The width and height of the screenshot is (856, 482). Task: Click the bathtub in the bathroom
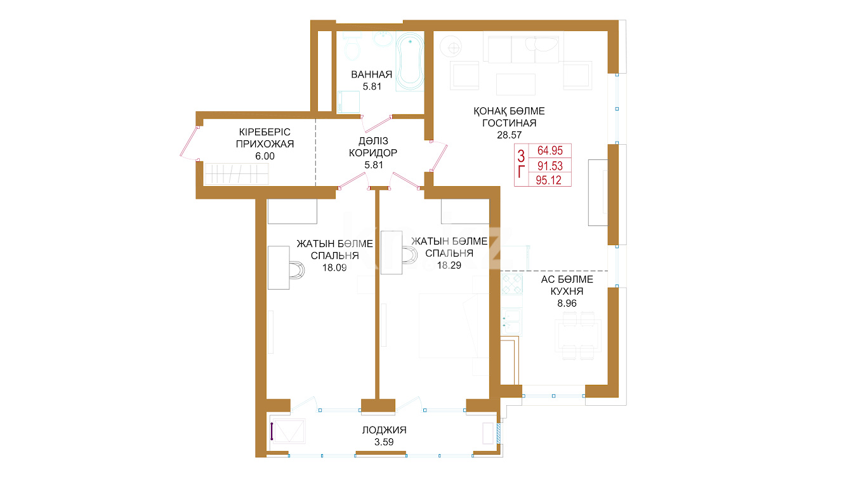point(410,60)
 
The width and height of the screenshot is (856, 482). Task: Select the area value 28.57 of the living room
point(509,135)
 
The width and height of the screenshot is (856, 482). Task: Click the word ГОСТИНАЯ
point(509,123)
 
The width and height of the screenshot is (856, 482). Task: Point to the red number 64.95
point(550,151)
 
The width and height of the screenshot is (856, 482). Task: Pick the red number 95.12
point(548,180)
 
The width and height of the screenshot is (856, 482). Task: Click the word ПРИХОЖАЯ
point(265,144)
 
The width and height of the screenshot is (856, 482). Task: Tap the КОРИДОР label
point(373,153)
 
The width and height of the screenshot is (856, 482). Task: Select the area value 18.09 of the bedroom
point(334,268)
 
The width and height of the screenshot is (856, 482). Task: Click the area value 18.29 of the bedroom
point(449,265)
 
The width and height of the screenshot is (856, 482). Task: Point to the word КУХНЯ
point(567,291)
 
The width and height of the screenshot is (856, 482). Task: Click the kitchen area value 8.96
point(567,304)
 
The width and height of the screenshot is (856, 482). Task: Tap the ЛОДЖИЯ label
point(384,431)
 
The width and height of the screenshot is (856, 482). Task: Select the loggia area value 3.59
point(384,442)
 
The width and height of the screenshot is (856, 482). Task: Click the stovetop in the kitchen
point(511,284)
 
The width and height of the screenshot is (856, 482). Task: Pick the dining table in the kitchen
point(578,336)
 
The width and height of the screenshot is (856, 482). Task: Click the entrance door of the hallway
point(190,143)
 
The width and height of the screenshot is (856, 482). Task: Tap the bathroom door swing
point(376,123)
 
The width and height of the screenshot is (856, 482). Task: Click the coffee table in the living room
point(515,84)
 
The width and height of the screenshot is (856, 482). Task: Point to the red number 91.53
point(550,166)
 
